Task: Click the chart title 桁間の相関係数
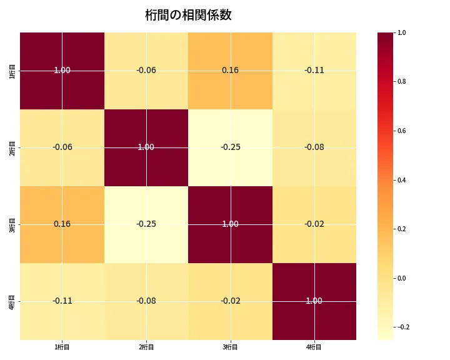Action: point(188,16)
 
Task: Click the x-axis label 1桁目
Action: point(62,347)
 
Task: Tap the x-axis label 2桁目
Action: point(146,347)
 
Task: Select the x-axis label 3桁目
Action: point(230,347)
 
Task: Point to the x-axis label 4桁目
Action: point(314,347)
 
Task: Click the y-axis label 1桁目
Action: point(12,71)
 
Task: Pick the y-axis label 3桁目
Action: point(12,224)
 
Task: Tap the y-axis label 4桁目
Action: point(12,301)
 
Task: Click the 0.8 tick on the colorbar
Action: point(402,81)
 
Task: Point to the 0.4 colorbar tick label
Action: point(402,180)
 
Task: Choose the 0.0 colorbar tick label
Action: point(402,278)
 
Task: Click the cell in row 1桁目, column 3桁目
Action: point(230,70)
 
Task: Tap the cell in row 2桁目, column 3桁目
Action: point(230,147)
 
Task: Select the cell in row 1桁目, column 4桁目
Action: point(314,70)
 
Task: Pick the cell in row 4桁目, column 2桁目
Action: point(146,301)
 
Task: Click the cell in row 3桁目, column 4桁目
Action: point(314,224)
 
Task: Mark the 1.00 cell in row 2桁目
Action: point(146,147)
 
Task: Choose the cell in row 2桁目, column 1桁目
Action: point(62,147)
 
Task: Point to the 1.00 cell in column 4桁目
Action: point(314,301)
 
